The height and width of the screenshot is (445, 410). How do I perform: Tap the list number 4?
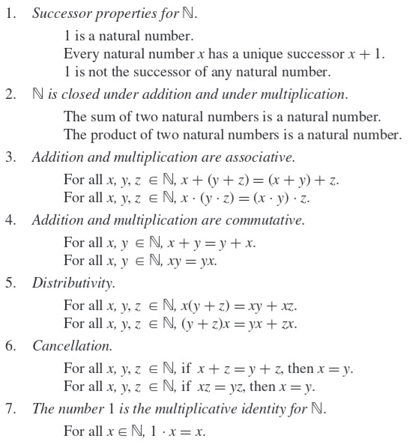(9, 221)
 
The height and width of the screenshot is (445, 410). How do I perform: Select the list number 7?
(9, 408)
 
